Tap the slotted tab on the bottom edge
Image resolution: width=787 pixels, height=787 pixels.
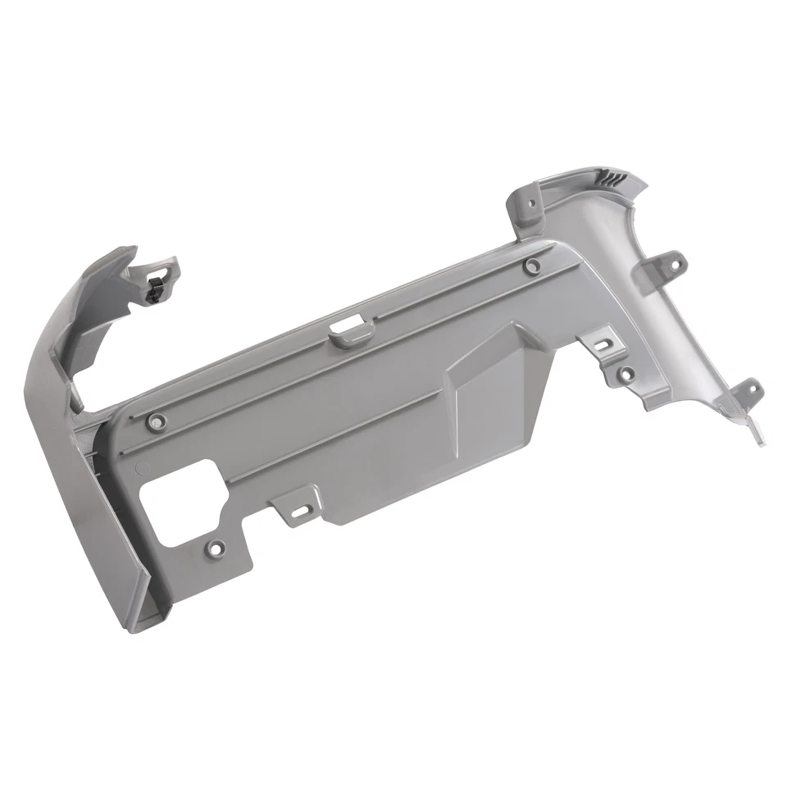[299, 507]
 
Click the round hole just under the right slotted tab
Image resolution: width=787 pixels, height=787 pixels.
[625, 375]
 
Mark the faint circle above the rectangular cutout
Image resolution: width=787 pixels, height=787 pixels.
[141, 470]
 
